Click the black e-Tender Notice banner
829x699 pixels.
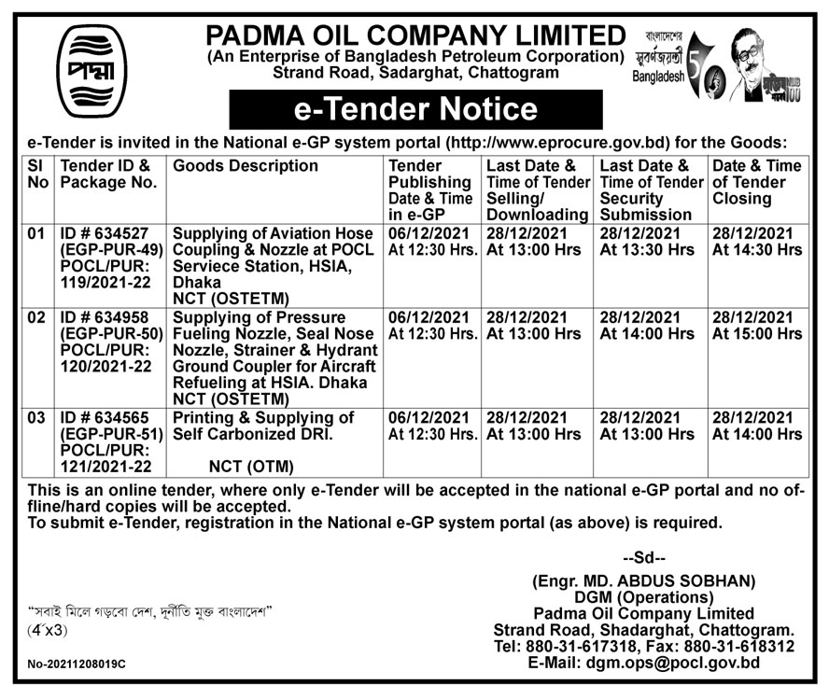coord(415,109)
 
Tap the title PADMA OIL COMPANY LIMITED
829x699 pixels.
coord(415,35)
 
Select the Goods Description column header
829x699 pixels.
coord(246,166)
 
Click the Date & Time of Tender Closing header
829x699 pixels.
coord(756,182)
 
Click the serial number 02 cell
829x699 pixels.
coord(36,318)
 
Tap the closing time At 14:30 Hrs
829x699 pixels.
coord(756,250)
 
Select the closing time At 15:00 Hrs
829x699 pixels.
coord(756,334)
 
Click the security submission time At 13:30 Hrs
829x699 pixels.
coord(646,250)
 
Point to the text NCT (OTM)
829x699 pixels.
coord(251,467)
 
